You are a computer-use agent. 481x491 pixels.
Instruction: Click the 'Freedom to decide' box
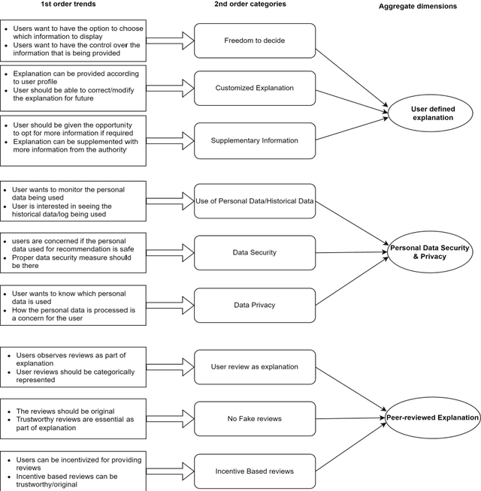point(254,41)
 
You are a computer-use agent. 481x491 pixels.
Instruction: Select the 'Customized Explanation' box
point(254,88)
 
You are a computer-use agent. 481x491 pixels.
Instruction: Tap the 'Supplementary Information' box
point(254,140)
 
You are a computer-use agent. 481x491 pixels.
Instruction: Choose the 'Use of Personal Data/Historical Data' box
point(254,200)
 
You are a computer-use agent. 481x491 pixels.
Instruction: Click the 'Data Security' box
point(254,253)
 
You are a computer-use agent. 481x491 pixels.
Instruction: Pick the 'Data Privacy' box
point(254,305)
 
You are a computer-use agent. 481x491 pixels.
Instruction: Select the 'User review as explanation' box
point(254,367)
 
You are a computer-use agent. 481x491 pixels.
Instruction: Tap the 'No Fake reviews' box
point(254,419)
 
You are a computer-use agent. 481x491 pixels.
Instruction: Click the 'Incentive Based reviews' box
point(254,471)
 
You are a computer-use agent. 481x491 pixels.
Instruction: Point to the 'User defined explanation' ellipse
point(432,113)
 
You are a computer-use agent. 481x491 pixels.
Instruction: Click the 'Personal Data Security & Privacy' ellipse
point(429,252)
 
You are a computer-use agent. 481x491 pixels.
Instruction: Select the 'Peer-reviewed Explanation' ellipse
point(432,418)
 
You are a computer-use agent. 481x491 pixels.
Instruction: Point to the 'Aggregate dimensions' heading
point(428,6)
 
